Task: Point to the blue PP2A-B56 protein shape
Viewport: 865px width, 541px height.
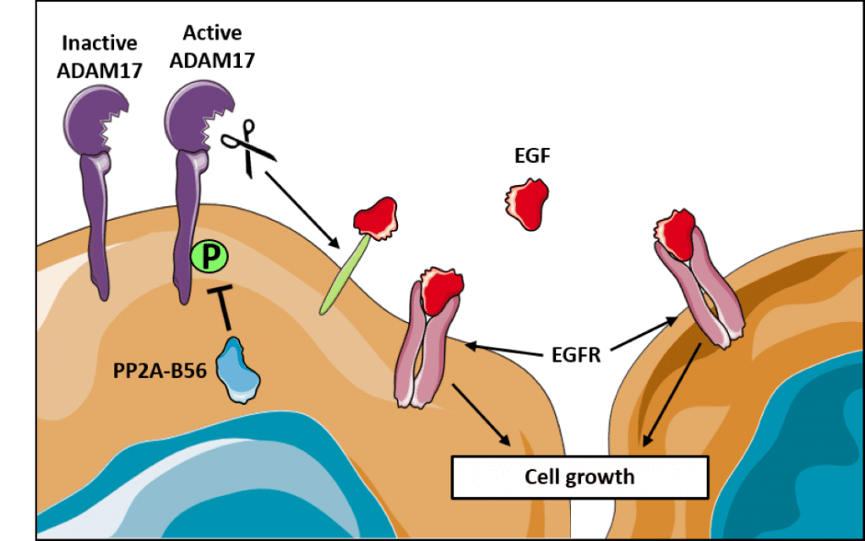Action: point(238,370)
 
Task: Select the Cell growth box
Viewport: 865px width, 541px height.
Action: point(579,477)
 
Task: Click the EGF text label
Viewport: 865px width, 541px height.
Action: point(530,156)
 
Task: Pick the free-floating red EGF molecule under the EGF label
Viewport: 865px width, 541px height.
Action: point(528,203)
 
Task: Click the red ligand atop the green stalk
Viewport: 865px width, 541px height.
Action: point(376,216)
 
